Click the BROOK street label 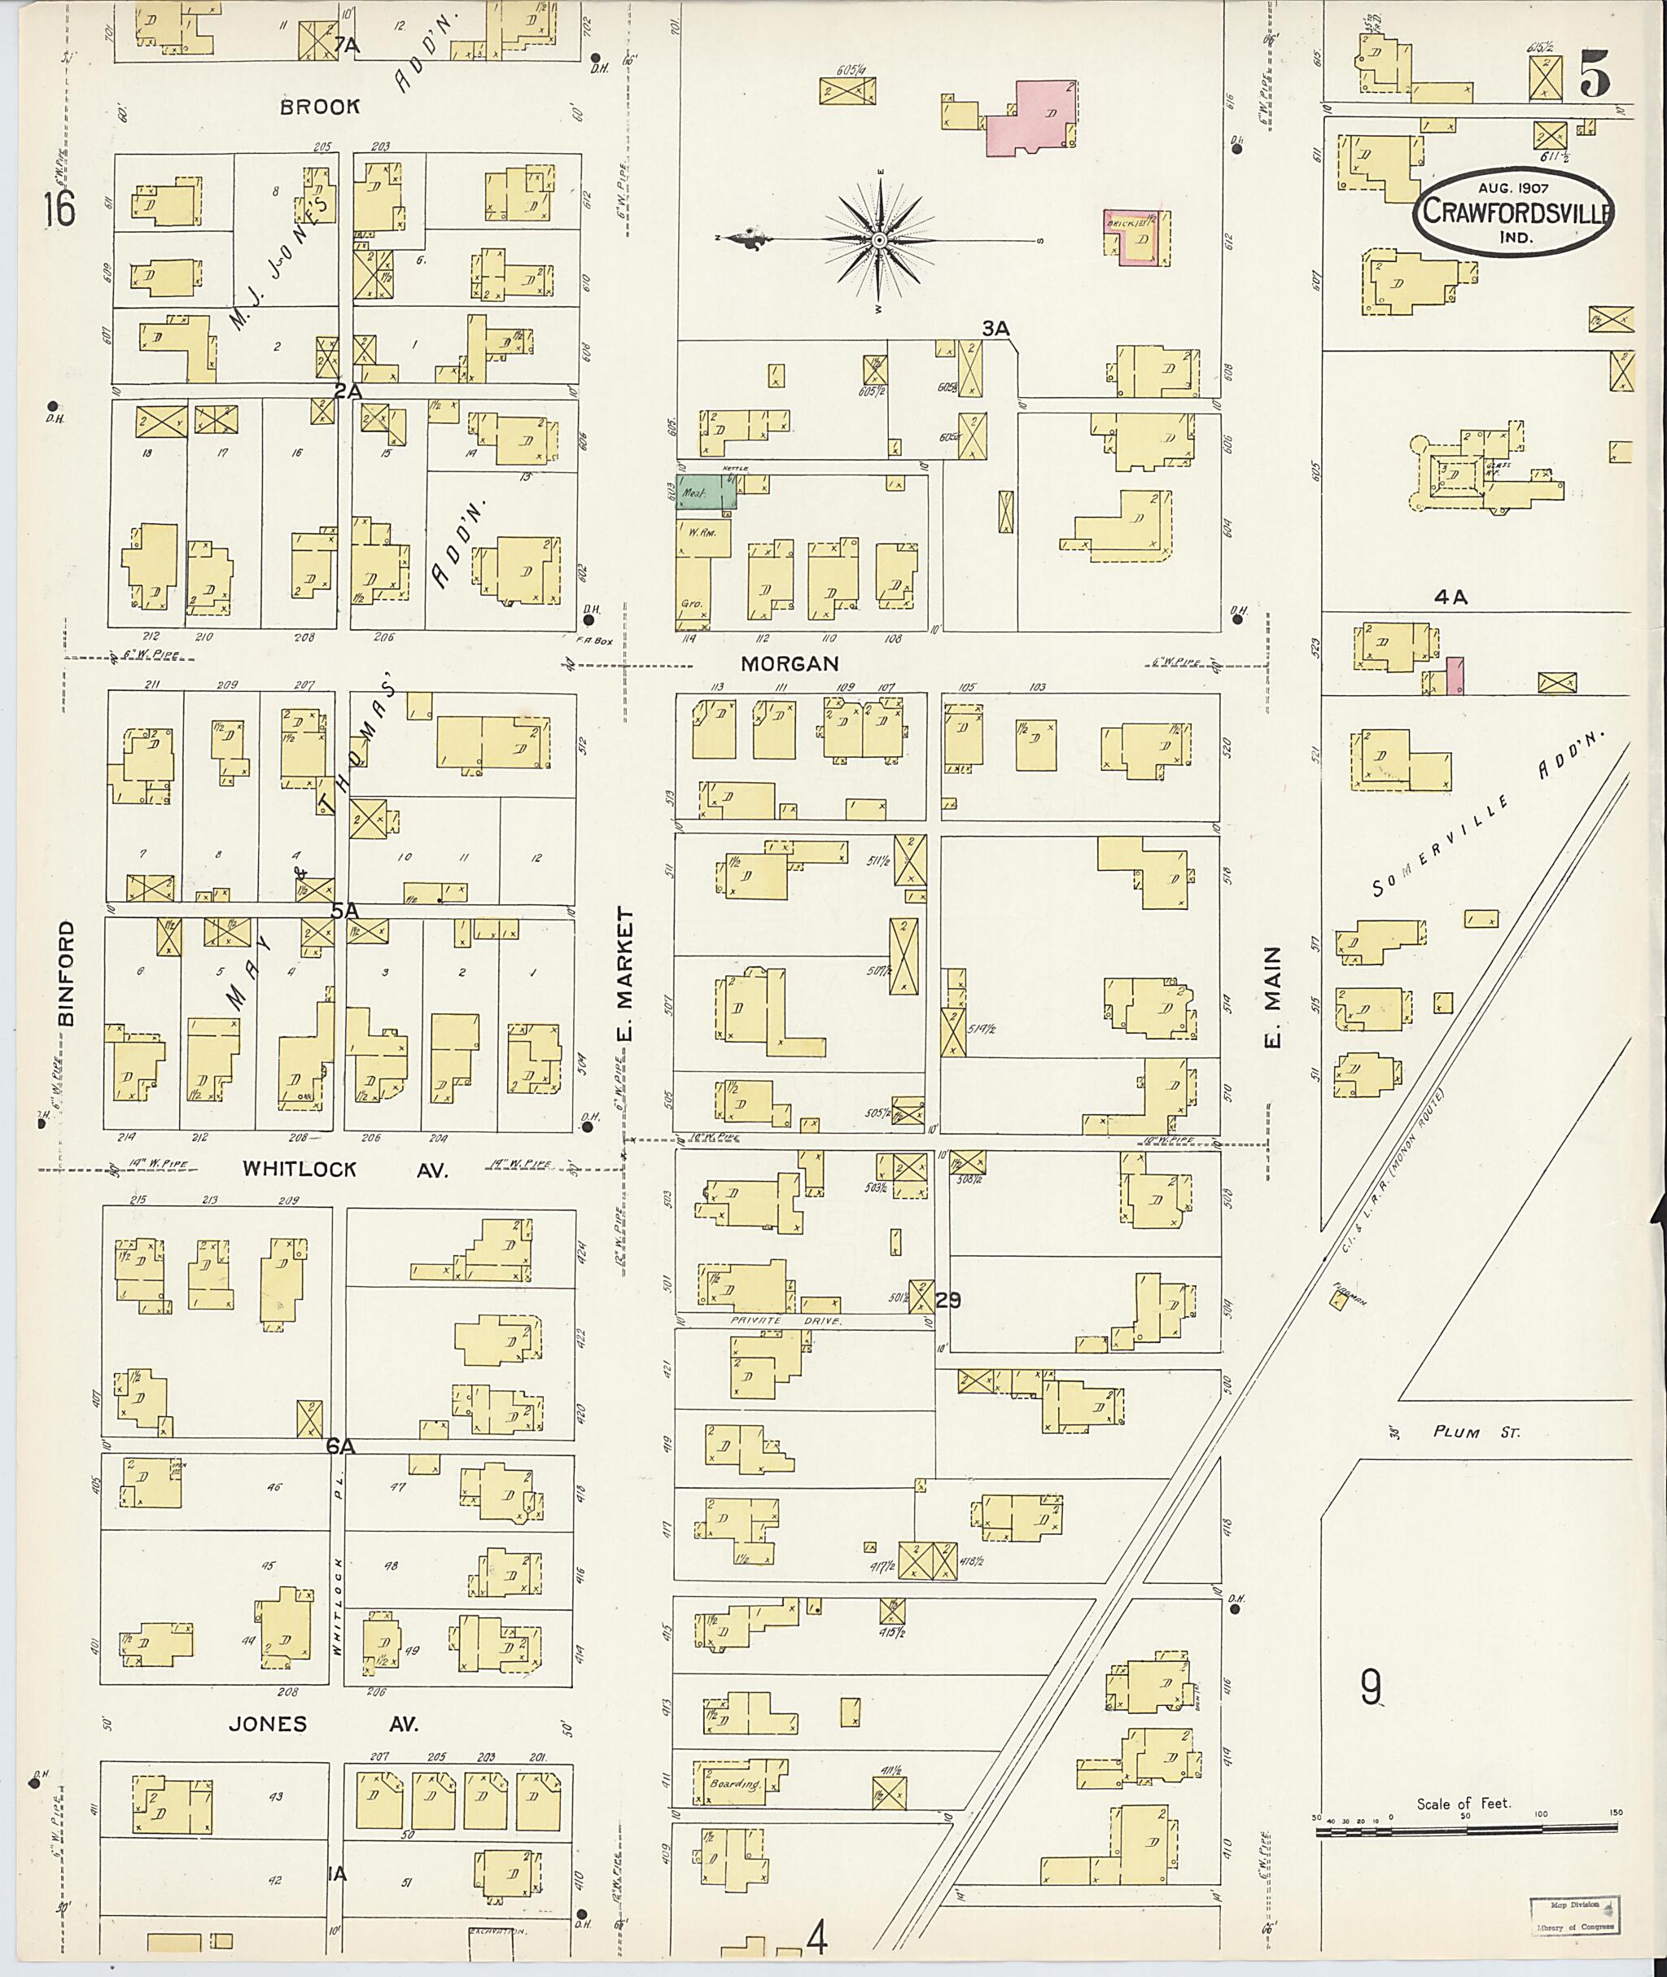point(319,107)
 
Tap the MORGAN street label point(790,664)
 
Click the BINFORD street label point(65,973)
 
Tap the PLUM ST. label point(1476,1432)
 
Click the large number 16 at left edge point(59,209)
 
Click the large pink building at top point(1034,118)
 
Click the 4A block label point(1450,597)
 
